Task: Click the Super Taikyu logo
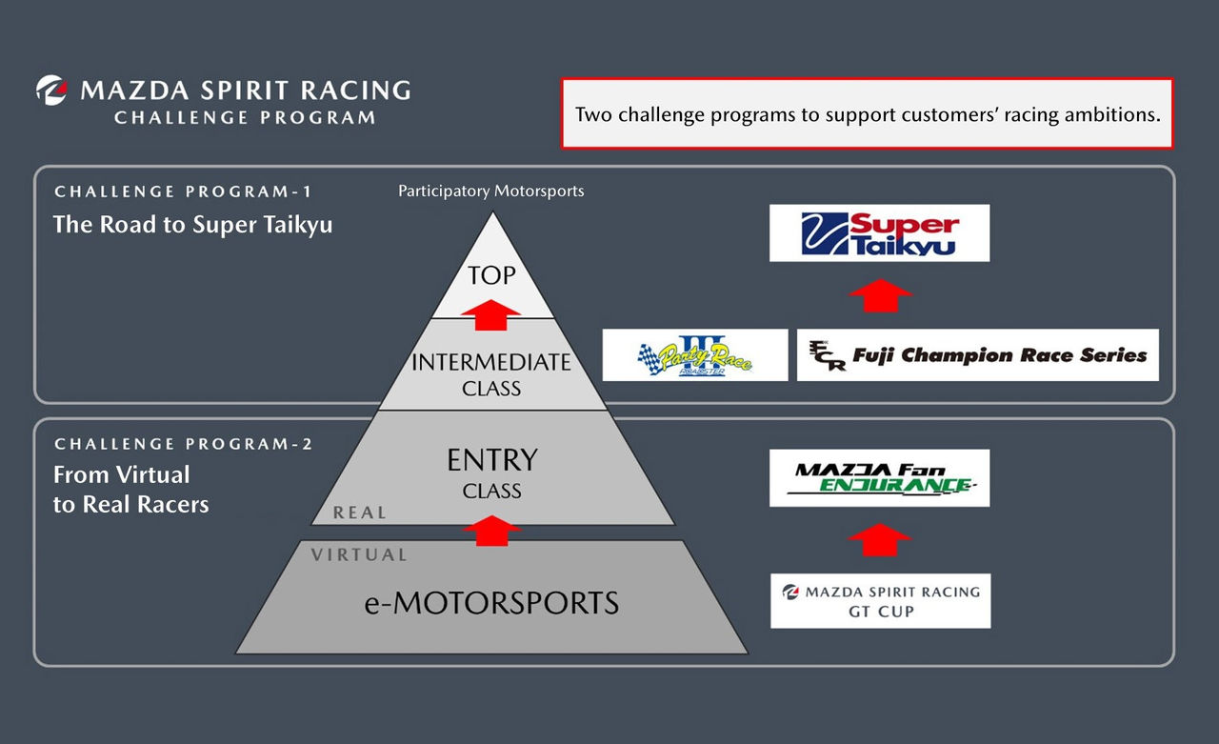pos(879,233)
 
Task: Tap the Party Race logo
pos(695,355)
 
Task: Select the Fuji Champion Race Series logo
pos(977,355)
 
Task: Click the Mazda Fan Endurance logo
pos(879,478)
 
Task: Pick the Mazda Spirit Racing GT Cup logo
pos(880,601)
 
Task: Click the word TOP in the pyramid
pos(491,276)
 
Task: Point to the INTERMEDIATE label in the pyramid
pos(491,363)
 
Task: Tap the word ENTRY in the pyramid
pos(491,461)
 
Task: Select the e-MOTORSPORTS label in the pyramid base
pos(491,603)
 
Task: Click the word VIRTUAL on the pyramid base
pos(359,554)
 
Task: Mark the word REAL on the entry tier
pos(359,513)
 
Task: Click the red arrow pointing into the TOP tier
pos(491,314)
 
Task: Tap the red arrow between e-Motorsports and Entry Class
pos(491,530)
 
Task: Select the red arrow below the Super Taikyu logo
pos(879,294)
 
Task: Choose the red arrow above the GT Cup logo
pos(879,539)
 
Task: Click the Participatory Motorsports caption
pos(490,191)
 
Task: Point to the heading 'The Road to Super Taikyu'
pos(193,225)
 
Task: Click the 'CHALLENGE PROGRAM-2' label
pos(184,444)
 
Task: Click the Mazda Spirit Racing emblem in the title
pos(51,90)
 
